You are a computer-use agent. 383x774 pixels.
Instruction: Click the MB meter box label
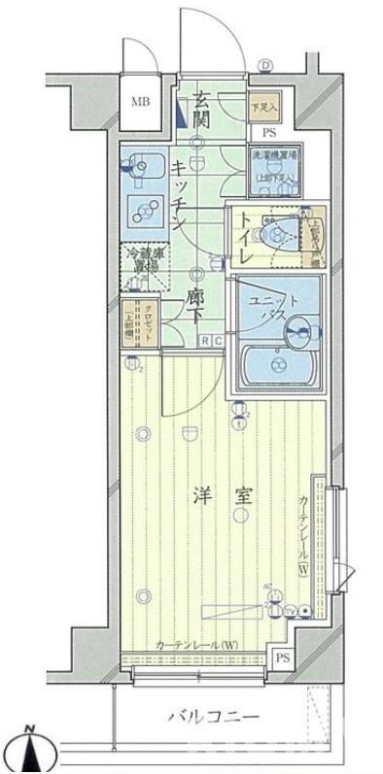tap(142, 102)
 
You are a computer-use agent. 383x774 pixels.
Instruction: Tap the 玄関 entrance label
tap(201, 109)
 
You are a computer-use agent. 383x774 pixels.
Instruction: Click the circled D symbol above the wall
tap(264, 66)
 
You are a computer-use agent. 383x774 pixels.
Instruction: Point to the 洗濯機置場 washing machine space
tap(273, 166)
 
